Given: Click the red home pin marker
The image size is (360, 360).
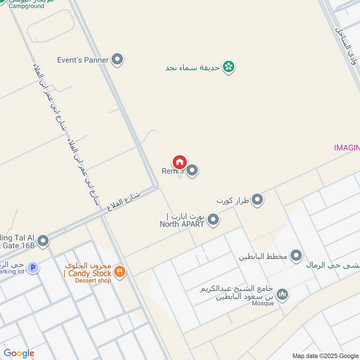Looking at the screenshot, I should [179, 162].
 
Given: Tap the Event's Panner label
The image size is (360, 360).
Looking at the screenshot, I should [83, 60].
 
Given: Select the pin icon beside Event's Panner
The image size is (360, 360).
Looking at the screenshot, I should [117, 59].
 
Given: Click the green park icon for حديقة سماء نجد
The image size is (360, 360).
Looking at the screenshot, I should [229, 67].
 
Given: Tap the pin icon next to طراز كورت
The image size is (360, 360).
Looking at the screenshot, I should [257, 199].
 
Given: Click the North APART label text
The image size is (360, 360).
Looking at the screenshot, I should [182, 224].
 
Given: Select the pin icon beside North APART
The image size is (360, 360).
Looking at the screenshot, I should [214, 220].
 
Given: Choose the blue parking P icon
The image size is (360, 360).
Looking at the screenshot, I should [32, 268].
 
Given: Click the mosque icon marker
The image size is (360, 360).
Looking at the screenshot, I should [282, 295].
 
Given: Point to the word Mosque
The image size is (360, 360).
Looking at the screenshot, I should [263, 303].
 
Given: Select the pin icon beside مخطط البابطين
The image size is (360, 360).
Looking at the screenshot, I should [296, 256].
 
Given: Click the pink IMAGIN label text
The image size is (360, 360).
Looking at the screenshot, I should [346, 147].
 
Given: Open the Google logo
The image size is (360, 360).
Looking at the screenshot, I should [19, 353].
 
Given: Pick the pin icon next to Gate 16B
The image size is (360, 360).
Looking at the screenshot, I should [43, 241].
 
